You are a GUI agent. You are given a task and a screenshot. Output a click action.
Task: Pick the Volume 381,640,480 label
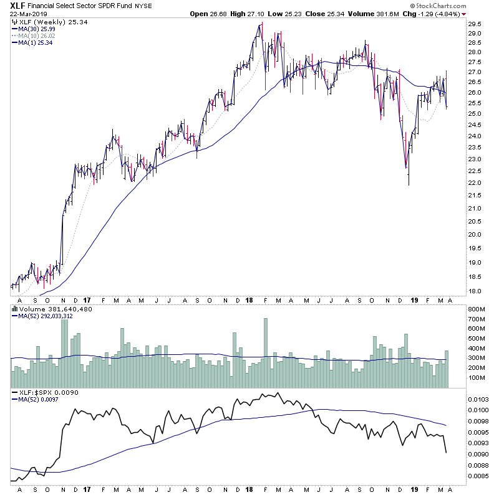(47, 309)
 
